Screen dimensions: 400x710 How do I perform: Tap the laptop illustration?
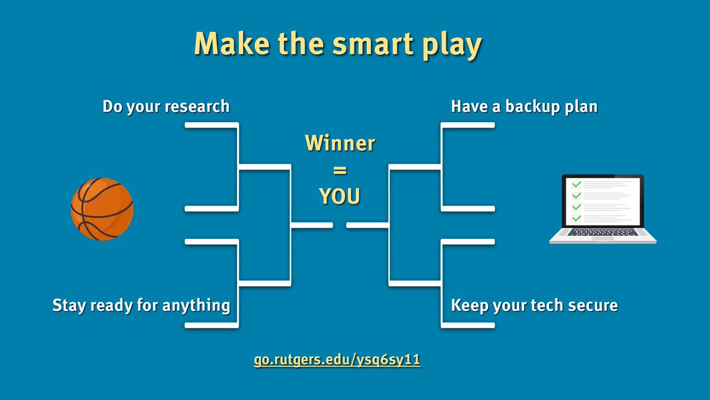602,209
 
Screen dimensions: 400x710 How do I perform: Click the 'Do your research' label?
166,107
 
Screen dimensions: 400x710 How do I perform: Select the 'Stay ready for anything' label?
141,306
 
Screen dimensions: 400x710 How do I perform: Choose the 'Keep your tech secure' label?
534,306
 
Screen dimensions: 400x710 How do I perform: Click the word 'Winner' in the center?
340,143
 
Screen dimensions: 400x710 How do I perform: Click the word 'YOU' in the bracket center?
340,196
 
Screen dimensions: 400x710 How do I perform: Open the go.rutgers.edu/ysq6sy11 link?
337,361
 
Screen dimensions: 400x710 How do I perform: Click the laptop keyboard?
602,232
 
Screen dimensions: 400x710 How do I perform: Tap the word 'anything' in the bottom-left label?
197,306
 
